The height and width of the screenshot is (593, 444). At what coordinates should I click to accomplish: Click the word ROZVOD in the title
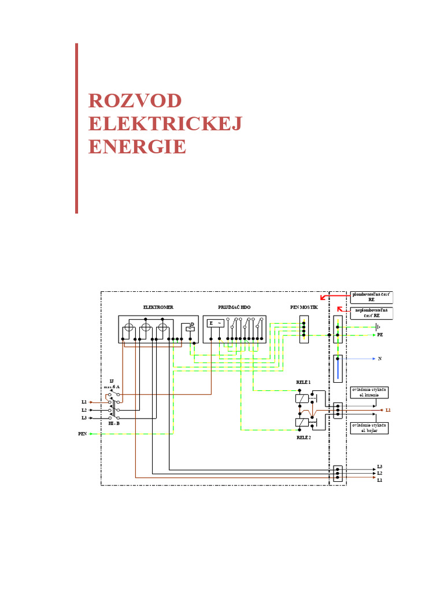tap(135, 100)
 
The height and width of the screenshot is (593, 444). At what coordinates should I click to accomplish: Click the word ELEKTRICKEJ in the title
tap(165, 123)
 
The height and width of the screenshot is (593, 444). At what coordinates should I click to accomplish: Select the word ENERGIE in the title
tap(137, 147)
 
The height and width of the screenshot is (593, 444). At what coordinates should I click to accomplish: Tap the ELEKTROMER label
tap(158, 307)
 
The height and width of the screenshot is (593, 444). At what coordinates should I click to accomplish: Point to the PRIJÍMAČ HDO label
tap(234, 307)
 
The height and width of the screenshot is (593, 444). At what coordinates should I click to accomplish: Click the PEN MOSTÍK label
tap(304, 307)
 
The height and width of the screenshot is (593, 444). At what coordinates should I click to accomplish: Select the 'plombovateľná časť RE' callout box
tap(371, 297)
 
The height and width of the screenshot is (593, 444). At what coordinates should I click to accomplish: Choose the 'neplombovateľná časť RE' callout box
tap(371, 313)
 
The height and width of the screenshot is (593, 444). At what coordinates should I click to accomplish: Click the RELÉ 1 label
tap(304, 382)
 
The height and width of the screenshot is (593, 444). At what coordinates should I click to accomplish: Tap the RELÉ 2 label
tap(304, 438)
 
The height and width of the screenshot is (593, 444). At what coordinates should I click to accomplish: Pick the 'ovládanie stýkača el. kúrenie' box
tap(369, 392)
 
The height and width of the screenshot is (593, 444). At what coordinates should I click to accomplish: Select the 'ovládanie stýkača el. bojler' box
tap(369, 428)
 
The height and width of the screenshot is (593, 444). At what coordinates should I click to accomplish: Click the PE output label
tap(380, 335)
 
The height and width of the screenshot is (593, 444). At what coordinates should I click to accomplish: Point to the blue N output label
tap(380, 359)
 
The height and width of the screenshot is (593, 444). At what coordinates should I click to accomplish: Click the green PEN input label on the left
tap(82, 433)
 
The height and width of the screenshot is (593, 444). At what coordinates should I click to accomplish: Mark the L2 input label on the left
tap(84, 409)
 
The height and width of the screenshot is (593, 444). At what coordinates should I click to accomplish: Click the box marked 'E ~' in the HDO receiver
tap(215, 323)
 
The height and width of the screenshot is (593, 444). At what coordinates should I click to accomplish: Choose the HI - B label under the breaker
tap(114, 423)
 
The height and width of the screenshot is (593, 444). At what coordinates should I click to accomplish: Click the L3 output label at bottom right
tap(379, 466)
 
